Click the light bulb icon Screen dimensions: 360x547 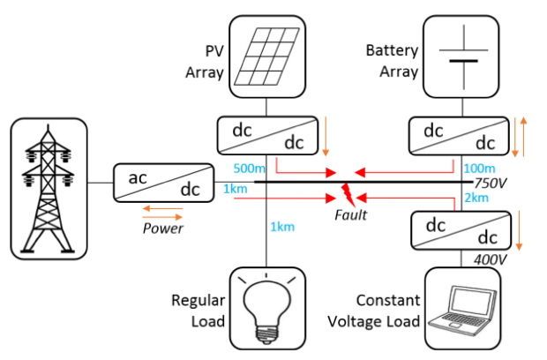pos(266,305)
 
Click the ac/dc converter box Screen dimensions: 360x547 pos(163,181)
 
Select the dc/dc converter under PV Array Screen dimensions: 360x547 pos(266,137)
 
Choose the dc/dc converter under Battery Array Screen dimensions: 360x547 pos(463,137)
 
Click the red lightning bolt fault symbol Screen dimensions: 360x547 pos(348,191)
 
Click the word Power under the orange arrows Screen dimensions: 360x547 pos(162,228)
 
